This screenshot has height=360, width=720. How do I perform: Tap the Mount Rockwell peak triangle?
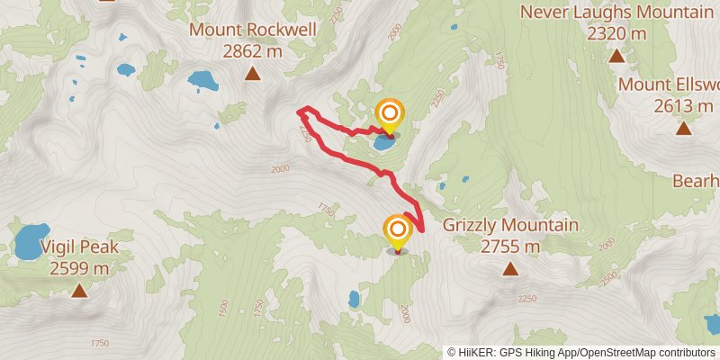pyautogui.click(x=252, y=74)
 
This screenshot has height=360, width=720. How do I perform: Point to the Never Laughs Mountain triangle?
pyautogui.click(x=616, y=56)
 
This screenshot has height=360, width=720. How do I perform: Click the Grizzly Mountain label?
pyautogui.click(x=510, y=225)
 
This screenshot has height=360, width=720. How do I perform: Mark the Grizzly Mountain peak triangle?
pyautogui.click(x=510, y=268)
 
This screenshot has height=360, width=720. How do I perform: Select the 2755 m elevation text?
pyautogui.click(x=510, y=246)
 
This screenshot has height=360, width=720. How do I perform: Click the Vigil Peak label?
pyautogui.click(x=79, y=247)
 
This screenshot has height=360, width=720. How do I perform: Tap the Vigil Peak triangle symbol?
pyautogui.click(x=79, y=290)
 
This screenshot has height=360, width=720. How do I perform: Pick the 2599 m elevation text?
pyautogui.click(x=79, y=267)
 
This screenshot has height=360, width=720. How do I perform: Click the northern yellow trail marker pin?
pyautogui.click(x=390, y=114)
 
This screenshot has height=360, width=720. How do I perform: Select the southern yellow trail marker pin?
pyautogui.click(x=397, y=231)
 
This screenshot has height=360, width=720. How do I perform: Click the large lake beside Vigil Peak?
pyautogui.click(x=31, y=240)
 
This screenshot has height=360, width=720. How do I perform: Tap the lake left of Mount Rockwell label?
pyautogui.click(x=202, y=81)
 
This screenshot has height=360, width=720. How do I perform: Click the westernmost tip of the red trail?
pyautogui.click(x=299, y=112)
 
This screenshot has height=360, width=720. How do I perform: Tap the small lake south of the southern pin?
pyautogui.click(x=354, y=298)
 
